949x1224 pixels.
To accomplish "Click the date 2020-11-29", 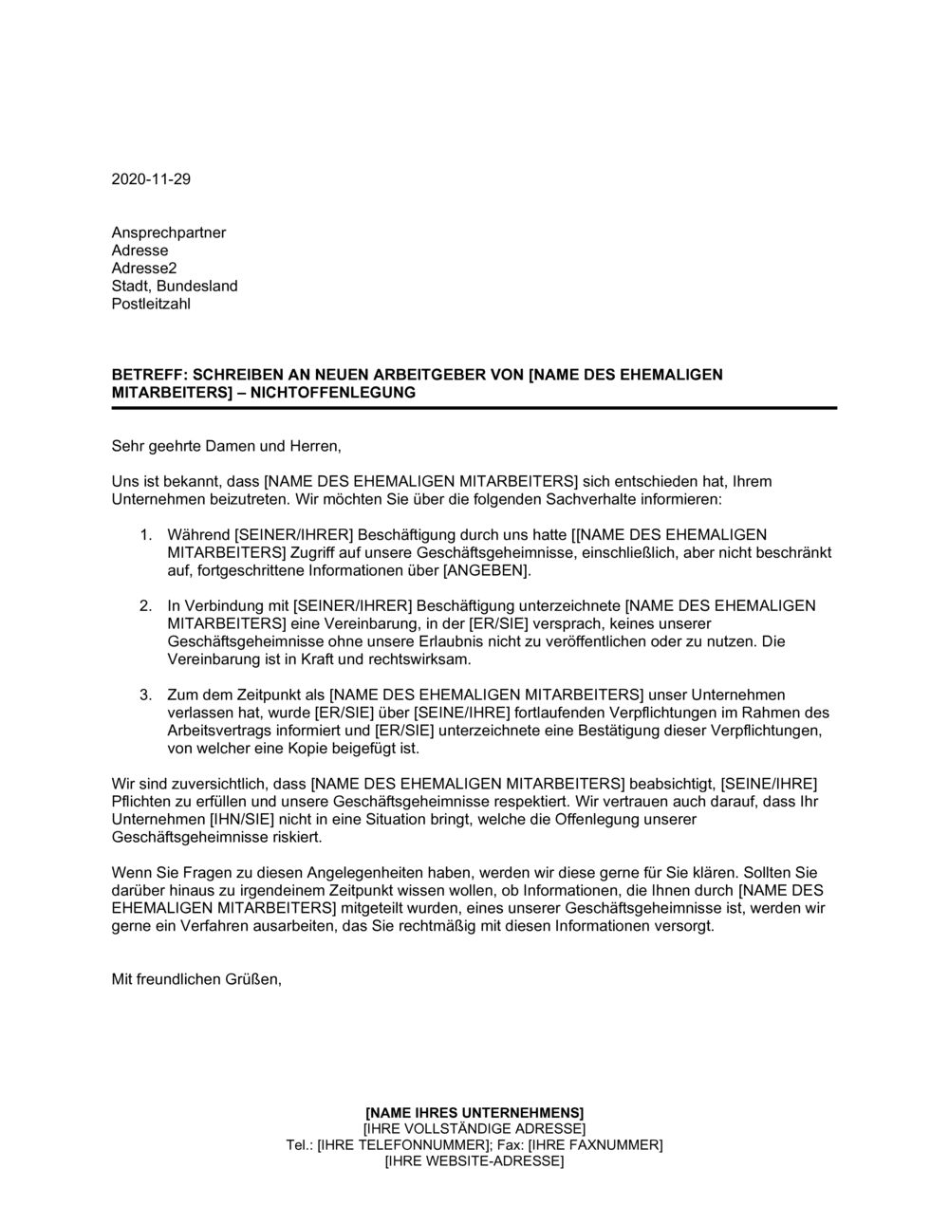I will [x=151, y=179].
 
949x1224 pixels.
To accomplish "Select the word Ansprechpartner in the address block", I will [x=169, y=232].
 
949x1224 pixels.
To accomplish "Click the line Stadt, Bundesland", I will [x=175, y=287].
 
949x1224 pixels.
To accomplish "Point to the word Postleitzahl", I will [x=151, y=305].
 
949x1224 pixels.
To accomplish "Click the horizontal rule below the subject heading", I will [x=474, y=408].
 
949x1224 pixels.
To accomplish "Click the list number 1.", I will [x=145, y=535].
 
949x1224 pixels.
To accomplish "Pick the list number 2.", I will [x=145, y=606].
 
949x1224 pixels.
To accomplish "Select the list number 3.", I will [x=145, y=695].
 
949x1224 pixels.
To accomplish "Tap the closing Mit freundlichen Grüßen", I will [x=196, y=980].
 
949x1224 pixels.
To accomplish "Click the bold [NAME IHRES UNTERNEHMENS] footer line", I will [x=474, y=1112].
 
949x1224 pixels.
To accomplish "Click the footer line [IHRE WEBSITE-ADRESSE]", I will [x=474, y=1161].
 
